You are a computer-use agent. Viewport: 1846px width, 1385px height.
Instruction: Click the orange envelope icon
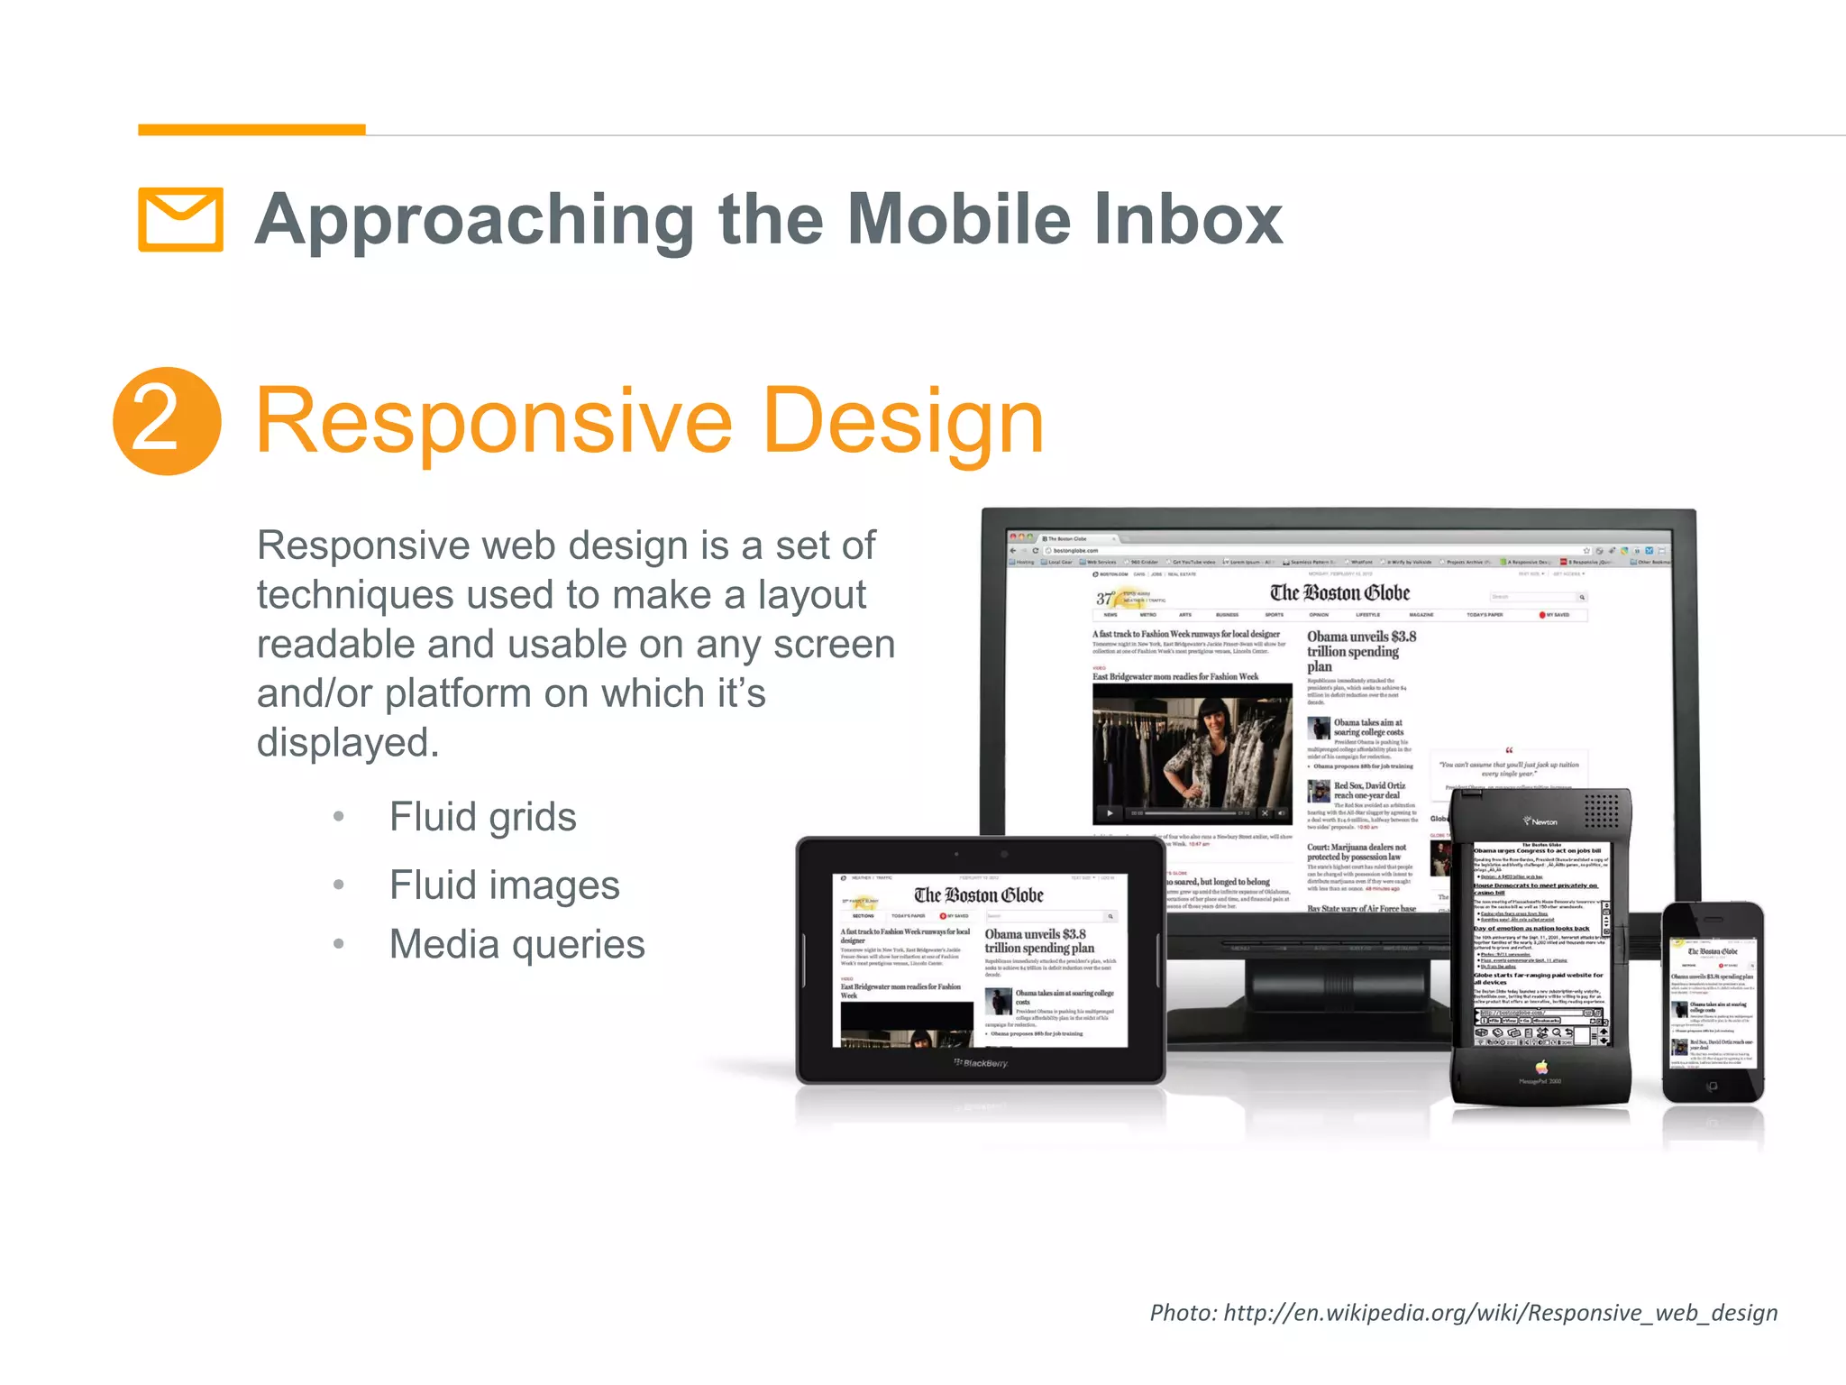(x=180, y=219)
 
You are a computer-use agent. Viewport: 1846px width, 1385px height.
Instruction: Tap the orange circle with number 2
(x=167, y=421)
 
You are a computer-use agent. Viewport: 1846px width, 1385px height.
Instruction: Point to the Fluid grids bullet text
(x=482, y=817)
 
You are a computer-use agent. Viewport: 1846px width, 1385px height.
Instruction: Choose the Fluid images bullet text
(x=504, y=885)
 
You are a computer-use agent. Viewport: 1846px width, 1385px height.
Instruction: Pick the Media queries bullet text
(x=516, y=944)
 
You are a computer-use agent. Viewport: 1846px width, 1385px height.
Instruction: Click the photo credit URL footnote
(x=1463, y=1312)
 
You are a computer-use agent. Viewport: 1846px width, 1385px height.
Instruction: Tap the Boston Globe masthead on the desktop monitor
(x=1339, y=592)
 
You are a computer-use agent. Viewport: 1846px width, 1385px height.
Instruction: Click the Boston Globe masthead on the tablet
(x=978, y=894)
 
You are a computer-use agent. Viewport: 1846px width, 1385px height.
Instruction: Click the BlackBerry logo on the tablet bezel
(x=982, y=1063)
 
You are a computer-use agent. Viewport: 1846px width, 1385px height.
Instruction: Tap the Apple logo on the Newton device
(x=1541, y=1067)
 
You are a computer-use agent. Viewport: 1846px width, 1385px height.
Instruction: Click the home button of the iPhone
(x=1712, y=1087)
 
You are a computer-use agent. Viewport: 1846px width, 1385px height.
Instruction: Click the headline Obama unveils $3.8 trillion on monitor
(x=1361, y=650)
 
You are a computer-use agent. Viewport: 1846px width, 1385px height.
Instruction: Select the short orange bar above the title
(x=251, y=130)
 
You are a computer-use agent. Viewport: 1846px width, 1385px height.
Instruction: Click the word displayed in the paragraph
(x=347, y=743)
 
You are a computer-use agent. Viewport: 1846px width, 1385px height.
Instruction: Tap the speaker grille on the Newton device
(x=1601, y=809)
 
